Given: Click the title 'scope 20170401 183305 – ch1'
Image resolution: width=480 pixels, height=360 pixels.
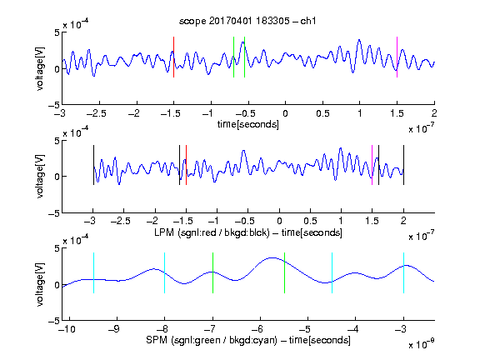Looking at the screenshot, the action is (x=247, y=21).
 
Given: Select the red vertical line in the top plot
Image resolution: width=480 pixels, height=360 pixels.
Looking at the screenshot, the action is (x=173, y=57).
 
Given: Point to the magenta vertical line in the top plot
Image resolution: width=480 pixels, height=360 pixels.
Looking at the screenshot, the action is (x=397, y=57).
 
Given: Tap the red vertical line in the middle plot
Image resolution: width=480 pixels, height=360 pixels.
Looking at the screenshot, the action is (x=186, y=165).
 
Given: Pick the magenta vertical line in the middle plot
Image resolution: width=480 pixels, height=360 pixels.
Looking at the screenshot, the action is (x=372, y=165).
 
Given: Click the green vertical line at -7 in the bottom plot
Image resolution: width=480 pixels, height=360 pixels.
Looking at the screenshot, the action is (x=212, y=272).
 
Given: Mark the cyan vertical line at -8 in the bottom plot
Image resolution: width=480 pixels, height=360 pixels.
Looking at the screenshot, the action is (x=165, y=272).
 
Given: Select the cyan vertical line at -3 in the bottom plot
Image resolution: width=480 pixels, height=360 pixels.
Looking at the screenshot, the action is (x=404, y=272).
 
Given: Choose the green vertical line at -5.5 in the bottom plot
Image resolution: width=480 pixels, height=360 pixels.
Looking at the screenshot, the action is (x=285, y=272).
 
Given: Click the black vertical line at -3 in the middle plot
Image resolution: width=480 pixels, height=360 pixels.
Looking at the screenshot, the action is (x=93, y=165).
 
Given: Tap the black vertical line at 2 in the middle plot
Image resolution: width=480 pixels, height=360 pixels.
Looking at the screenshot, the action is (x=404, y=165).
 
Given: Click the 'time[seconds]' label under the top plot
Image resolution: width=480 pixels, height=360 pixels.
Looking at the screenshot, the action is (x=248, y=124).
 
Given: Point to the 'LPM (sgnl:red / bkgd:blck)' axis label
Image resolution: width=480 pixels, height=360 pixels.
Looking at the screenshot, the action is (x=212, y=232).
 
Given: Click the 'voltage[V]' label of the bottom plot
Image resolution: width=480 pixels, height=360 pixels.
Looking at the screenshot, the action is (x=40, y=284).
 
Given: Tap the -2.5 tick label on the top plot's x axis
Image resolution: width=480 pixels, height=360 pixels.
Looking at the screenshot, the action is (x=97, y=113).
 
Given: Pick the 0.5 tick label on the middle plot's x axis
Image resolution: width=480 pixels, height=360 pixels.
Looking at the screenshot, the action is (x=310, y=221).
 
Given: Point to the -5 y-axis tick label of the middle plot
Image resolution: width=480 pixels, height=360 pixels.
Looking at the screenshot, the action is (x=54, y=213).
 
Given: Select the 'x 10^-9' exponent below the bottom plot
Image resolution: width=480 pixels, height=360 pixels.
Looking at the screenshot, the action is (x=422, y=344).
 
